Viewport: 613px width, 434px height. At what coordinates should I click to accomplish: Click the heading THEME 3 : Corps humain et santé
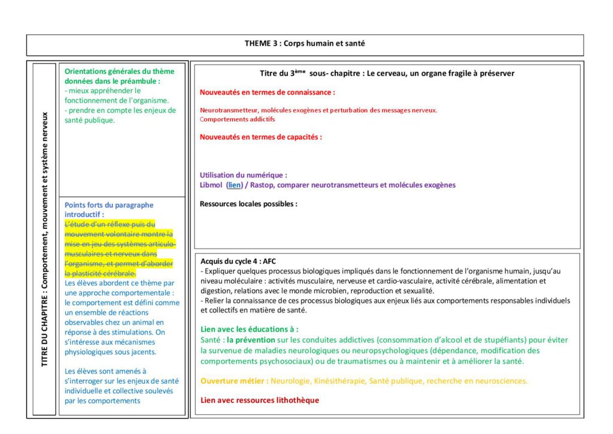305,43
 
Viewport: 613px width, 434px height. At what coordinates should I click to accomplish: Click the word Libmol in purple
211,185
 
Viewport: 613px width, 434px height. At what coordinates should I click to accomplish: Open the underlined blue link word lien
235,185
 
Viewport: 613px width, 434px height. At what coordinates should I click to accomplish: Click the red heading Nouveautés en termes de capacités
260,137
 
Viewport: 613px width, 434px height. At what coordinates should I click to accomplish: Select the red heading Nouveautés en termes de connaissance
267,92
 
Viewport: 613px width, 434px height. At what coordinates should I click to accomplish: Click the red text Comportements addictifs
233,119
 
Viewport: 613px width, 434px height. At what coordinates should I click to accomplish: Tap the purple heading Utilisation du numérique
243,175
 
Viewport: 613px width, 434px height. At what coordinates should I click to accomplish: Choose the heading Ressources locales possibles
248,204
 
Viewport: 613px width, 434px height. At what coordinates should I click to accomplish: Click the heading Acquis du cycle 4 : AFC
238,261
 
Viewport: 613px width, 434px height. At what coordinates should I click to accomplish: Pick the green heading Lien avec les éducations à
249,329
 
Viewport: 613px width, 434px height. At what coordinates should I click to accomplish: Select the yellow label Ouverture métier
234,381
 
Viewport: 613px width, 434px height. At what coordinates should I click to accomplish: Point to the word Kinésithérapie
342,381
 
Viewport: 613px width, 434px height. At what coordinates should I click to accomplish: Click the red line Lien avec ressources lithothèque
260,400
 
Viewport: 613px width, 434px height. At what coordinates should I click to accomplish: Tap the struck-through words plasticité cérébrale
105,273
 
